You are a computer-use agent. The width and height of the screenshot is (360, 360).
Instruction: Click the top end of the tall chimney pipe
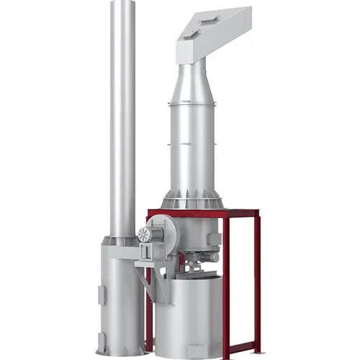[x=123, y=4]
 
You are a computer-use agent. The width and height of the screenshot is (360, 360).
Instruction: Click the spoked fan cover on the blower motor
[x=144, y=234]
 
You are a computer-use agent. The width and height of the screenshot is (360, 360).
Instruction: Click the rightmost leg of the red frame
[x=258, y=281]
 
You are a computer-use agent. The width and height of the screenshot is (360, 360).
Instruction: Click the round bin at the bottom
[x=189, y=317]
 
